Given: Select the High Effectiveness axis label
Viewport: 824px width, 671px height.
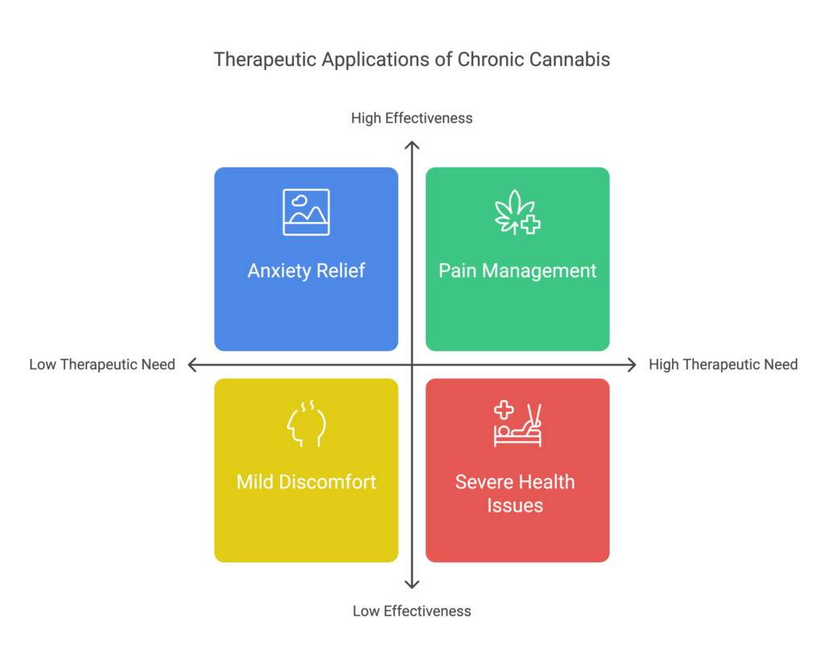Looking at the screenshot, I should point(411,118).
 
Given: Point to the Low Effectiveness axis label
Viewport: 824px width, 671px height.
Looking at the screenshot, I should point(411,611).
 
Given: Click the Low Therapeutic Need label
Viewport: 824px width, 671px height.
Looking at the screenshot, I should point(102,364).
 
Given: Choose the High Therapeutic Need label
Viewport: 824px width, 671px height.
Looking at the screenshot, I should point(723,364).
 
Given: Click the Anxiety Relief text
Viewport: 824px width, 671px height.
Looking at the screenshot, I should point(306,270).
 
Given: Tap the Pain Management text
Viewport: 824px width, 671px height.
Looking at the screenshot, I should point(517,270).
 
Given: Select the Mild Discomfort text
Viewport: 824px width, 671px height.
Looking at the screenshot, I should point(306,482).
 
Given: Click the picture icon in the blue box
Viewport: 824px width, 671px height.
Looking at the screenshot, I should point(306,212).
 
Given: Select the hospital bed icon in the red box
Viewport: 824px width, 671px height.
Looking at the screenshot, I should point(517,424).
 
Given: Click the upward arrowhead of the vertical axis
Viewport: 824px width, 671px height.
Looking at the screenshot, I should point(412,145).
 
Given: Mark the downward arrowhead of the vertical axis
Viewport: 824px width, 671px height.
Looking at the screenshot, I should point(412,585).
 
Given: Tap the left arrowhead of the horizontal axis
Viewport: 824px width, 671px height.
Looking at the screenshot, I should point(192,365).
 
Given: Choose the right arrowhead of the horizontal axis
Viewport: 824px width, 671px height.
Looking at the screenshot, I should point(632,365).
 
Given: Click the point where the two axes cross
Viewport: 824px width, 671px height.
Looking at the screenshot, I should point(412,365).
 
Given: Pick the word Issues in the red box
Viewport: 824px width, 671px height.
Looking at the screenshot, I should point(515,505).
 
